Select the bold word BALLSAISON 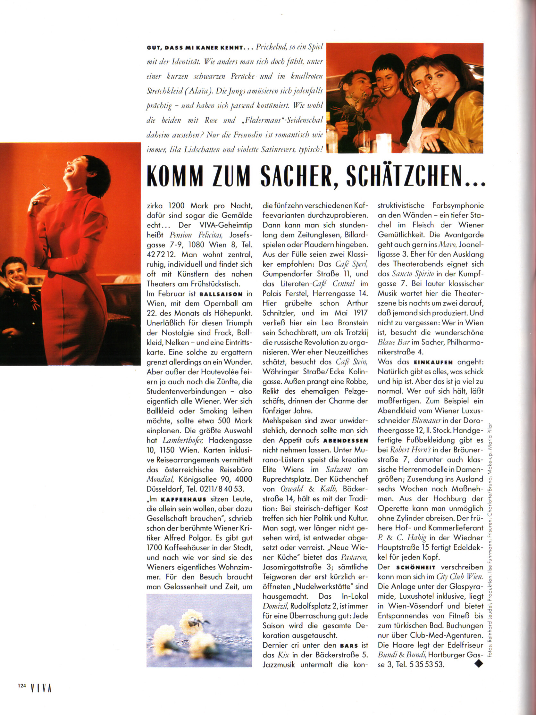pyautogui.click(x=221, y=294)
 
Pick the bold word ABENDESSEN pyautogui.click(x=346, y=441)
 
